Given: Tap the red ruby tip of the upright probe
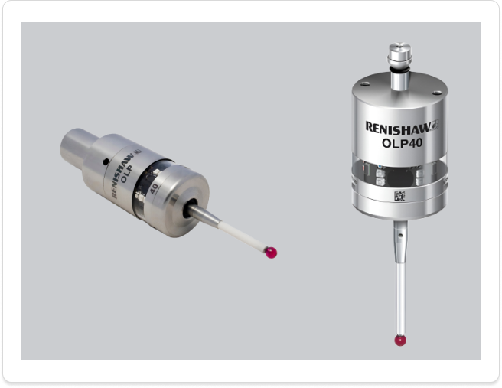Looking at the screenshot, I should click(x=399, y=340).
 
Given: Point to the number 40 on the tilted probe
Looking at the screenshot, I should click(x=155, y=188).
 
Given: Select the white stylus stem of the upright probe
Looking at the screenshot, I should click(x=399, y=295).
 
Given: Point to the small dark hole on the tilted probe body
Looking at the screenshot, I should click(x=105, y=161).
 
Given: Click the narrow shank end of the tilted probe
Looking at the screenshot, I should click(x=77, y=143).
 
